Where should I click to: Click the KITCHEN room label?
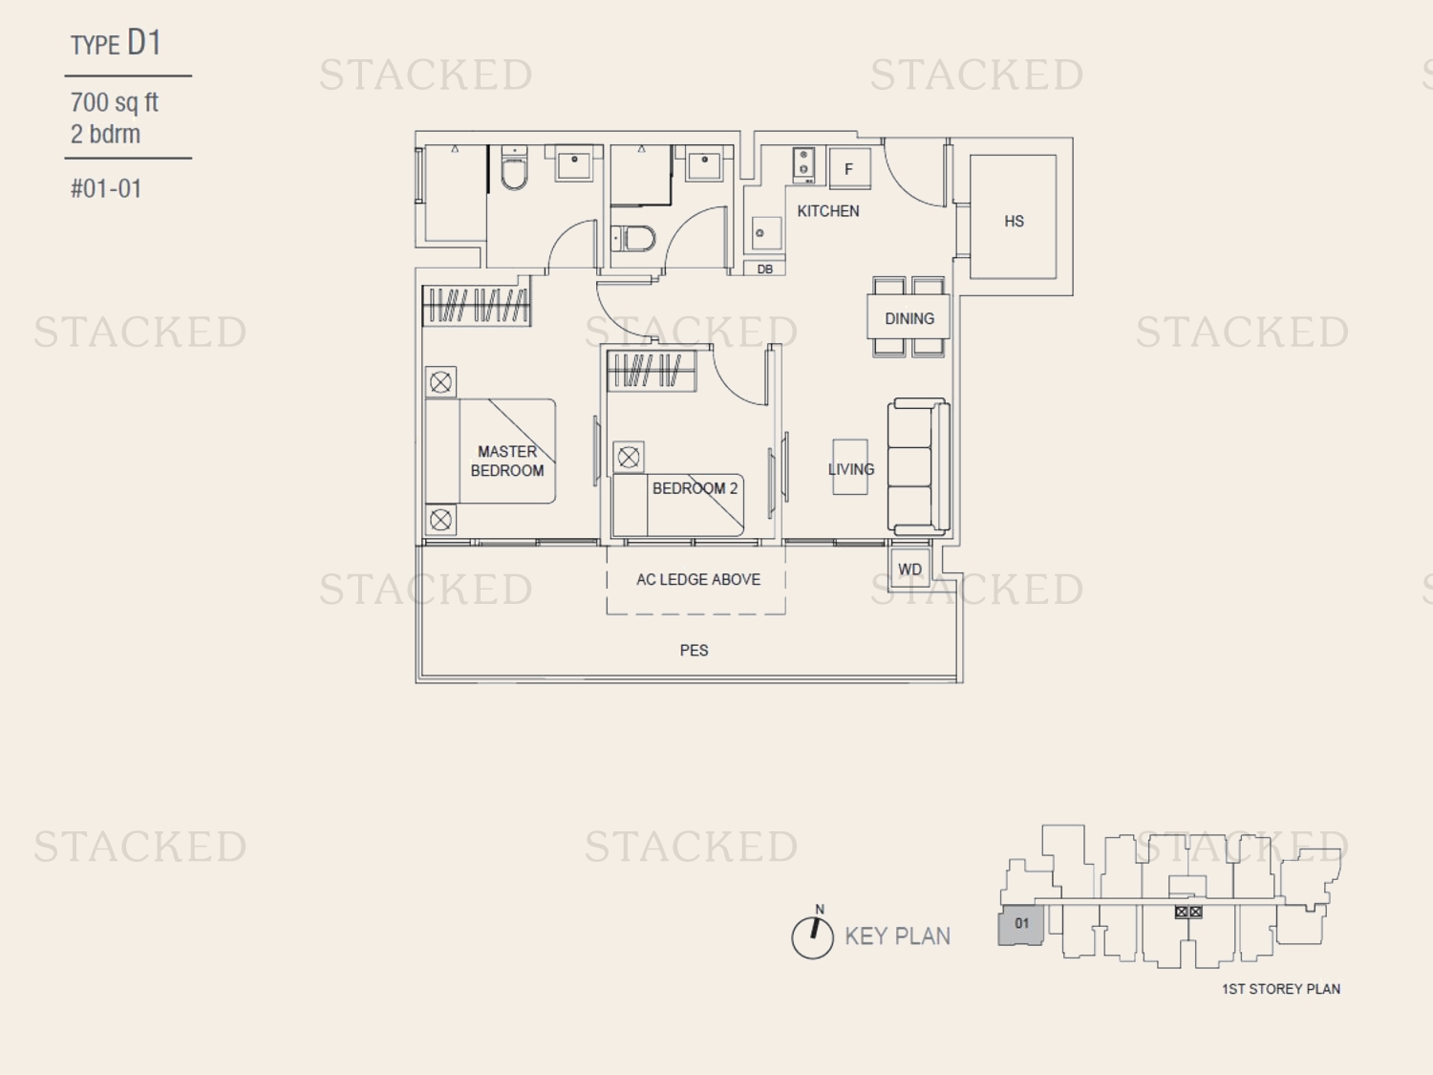pyautogui.click(x=828, y=211)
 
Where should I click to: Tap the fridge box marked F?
pyautogui.click(x=849, y=168)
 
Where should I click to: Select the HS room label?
pyautogui.click(x=1014, y=222)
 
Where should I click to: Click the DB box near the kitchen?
pyautogui.click(x=764, y=269)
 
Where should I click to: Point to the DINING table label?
pyautogui.click(x=909, y=318)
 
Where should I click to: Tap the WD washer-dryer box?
pyautogui.click(x=909, y=569)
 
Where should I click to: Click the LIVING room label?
pyautogui.click(x=850, y=468)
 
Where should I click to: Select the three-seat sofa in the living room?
pyautogui.click(x=918, y=466)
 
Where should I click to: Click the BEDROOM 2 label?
pyautogui.click(x=695, y=488)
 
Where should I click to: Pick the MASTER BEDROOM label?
pyautogui.click(x=507, y=461)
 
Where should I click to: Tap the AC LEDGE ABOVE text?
pyautogui.click(x=698, y=580)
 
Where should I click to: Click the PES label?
pyautogui.click(x=694, y=650)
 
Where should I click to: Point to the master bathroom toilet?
pyautogui.click(x=514, y=167)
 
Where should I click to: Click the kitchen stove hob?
pyautogui.click(x=803, y=163)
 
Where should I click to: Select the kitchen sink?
pyautogui.click(x=766, y=233)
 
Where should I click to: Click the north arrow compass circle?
pyautogui.click(x=812, y=938)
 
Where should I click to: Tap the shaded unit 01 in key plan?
pyautogui.click(x=1021, y=925)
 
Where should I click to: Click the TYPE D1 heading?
pyautogui.click(x=116, y=43)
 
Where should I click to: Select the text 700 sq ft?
pyautogui.click(x=115, y=102)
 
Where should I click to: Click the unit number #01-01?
pyautogui.click(x=106, y=188)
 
